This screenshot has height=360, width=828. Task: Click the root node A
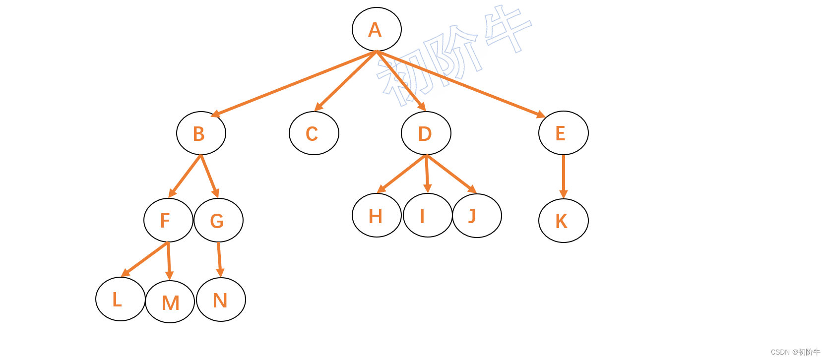tap(377, 29)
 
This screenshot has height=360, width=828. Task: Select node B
tap(201, 133)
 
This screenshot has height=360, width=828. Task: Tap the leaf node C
tap(314, 133)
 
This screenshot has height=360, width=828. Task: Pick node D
tap(426, 133)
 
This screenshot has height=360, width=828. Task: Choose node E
tap(563, 133)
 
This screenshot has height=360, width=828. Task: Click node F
tap(168, 220)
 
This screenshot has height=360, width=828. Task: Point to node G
tap(218, 220)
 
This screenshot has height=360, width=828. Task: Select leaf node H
tap(377, 215)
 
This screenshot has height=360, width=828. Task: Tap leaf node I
tap(427, 215)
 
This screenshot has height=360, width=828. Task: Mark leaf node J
tap(477, 216)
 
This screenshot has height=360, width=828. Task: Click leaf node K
tap(563, 221)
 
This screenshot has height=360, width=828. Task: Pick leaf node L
tap(120, 299)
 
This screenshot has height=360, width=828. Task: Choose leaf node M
tap(170, 301)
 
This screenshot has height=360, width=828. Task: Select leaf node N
tap(221, 300)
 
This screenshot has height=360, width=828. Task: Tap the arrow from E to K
tap(563, 176)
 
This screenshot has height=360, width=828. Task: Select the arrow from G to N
tap(219, 259)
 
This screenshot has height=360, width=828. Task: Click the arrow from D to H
tap(402, 174)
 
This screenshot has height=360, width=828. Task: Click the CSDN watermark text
tap(795, 352)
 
